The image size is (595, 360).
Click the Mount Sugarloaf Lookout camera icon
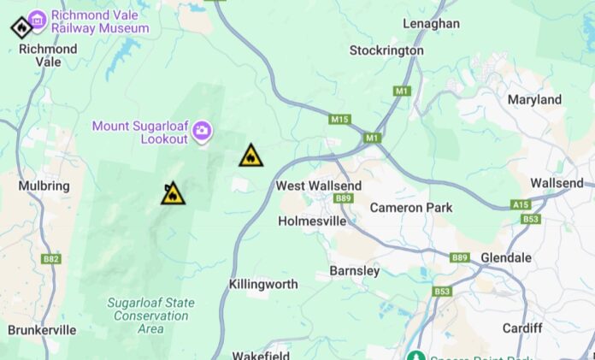point(202,130)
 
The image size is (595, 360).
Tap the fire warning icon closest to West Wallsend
point(250,156)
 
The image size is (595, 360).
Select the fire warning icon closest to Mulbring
point(173,194)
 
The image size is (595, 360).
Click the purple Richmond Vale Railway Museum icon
point(38,18)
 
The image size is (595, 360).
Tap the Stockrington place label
point(386,50)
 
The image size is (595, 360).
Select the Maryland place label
point(534,100)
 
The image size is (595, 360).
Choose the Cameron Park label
point(411,208)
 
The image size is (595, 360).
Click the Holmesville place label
point(312,221)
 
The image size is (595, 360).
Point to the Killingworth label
point(263,284)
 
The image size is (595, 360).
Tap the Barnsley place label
point(354,271)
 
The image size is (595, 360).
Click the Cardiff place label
point(522,328)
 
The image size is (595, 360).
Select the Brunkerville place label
point(42,329)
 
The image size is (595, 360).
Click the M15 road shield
point(339,120)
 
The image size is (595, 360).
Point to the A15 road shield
point(521,204)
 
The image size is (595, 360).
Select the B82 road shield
point(51,258)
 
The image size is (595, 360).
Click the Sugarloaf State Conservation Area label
point(150,316)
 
